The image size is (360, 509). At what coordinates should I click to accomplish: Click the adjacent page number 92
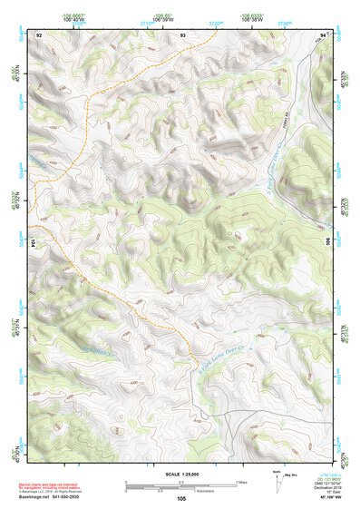pos(39,34)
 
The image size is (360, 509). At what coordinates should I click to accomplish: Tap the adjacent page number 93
pos(183,34)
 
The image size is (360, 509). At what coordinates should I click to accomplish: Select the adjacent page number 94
pos(324,34)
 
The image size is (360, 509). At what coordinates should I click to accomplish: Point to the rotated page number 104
pos(34,244)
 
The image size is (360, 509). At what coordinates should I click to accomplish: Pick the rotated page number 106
pos(328,229)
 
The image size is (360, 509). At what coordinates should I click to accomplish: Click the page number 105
pos(183,498)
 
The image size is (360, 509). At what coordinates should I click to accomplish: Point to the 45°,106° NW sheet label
pos(324,497)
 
